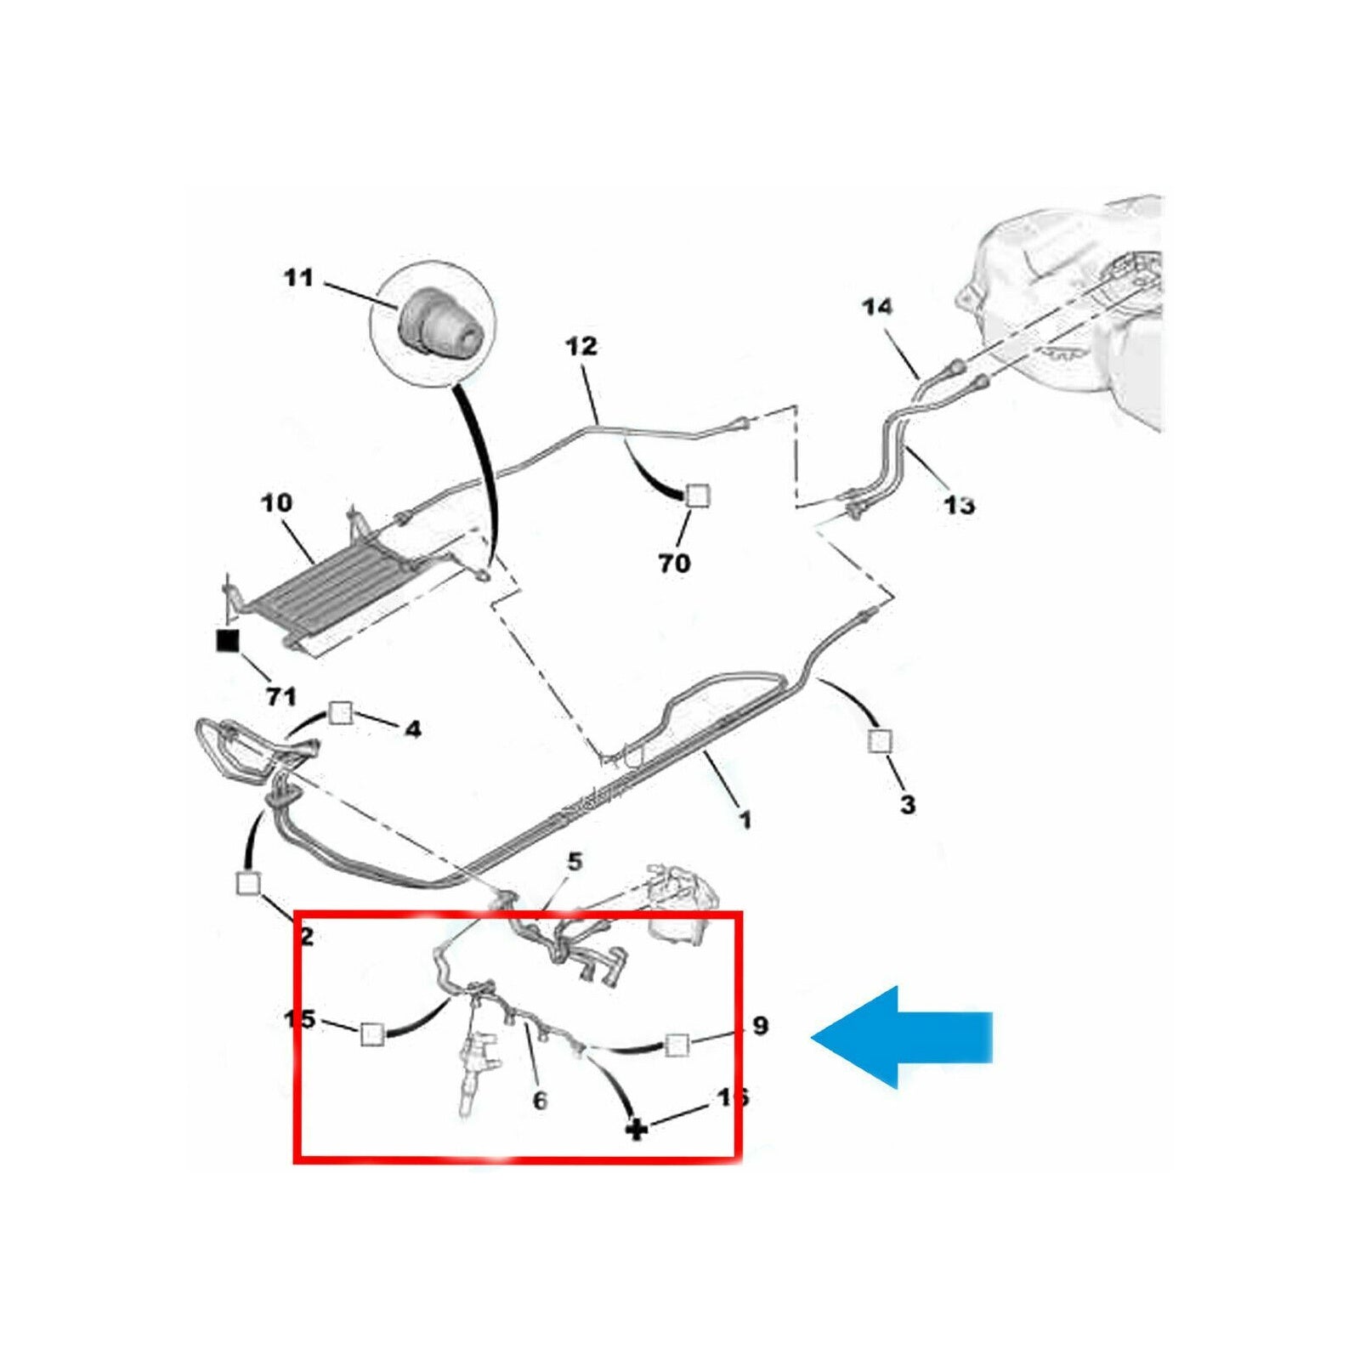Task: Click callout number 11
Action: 298,278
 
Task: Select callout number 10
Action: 276,503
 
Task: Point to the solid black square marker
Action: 228,641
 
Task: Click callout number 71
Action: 281,697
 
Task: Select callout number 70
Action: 674,563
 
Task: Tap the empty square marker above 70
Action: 697,496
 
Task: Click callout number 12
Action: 581,346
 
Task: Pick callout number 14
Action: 877,306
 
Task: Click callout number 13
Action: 960,505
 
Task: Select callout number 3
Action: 908,804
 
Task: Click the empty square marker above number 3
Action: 880,741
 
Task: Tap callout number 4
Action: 413,729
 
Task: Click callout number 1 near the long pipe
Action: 745,820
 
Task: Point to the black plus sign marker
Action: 637,1129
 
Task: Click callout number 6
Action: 540,1101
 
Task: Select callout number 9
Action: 760,1025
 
